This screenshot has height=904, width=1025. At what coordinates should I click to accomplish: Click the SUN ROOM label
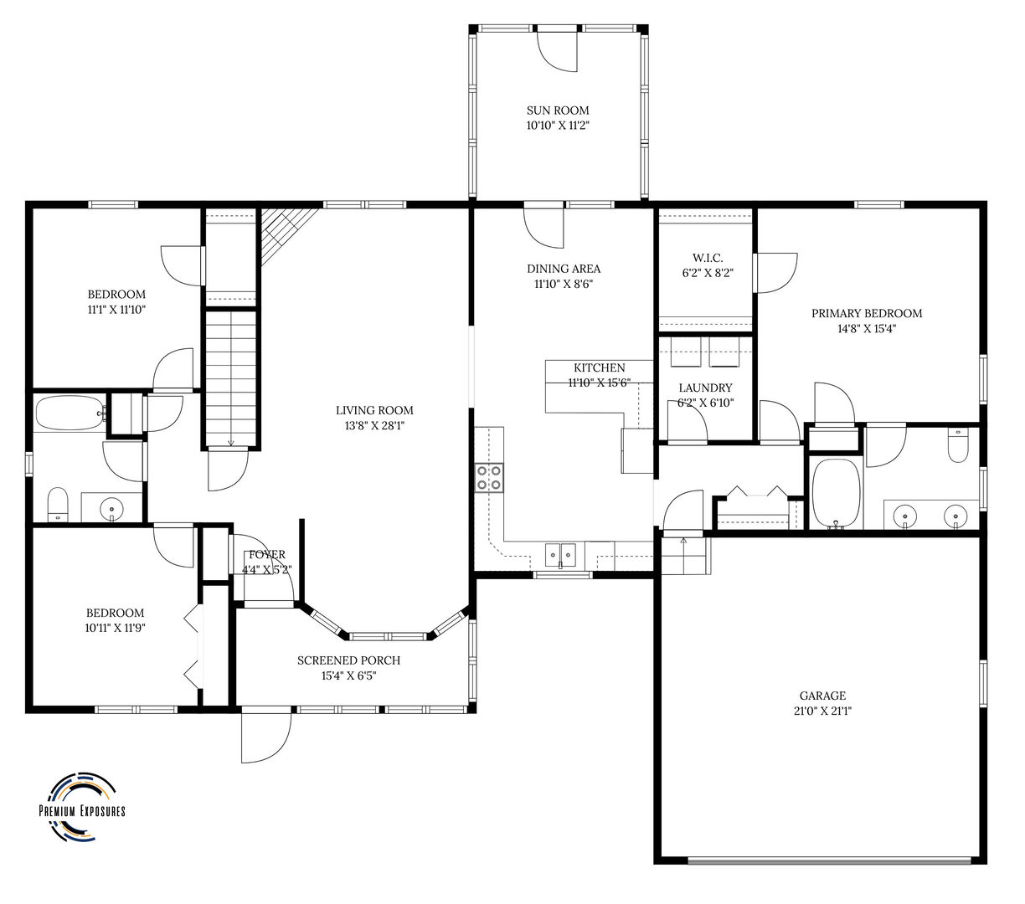tap(557, 110)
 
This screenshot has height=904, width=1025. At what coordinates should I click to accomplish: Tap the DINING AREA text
tap(563, 269)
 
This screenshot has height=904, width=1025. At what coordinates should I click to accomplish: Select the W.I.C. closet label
tap(708, 258)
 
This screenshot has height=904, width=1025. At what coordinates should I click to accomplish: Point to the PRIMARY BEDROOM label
tap(866, 313)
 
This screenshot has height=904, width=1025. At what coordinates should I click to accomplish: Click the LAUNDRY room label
tap(705, 388)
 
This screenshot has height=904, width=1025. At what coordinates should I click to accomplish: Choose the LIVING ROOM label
tap(374, 410)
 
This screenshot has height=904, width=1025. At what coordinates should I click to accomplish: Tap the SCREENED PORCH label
tap(348, 660)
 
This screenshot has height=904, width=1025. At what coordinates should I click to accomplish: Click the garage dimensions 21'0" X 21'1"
tap(822, 711)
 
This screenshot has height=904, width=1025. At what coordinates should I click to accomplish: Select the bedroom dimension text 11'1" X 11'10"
tap(116, 309)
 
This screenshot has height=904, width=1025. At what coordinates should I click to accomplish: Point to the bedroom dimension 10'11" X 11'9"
tap(114, 627)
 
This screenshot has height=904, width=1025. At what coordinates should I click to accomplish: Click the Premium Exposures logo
tap(82, 805)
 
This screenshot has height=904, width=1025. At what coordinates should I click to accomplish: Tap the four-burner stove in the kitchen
tap(489, 477)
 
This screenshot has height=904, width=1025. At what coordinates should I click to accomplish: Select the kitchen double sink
tap(561, 554)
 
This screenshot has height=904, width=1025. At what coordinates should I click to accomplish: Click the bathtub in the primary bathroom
tap(837, 494)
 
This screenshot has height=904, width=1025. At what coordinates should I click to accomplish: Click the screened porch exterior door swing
tap(265, 737)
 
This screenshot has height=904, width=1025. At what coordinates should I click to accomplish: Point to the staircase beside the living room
tap(230, 377)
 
